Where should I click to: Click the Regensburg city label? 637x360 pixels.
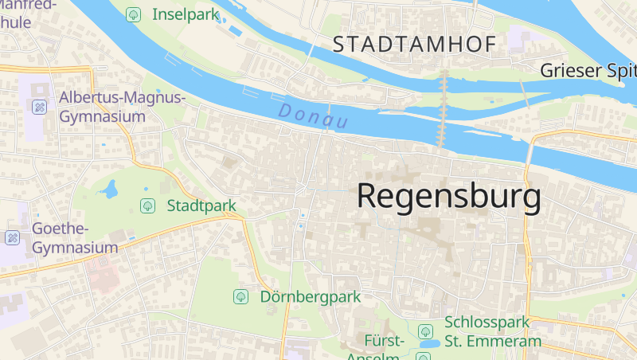coord(449,195)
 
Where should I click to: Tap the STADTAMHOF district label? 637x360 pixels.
coord(414,45)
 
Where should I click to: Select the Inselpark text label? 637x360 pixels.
coord(185,14)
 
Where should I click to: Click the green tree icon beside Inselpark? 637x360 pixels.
coord(134,14)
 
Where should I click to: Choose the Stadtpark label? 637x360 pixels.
coord(201,205)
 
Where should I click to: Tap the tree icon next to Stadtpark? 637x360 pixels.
coord(147,205)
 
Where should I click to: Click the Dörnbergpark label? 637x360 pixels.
coord(311,296)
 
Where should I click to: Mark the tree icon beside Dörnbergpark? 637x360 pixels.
coord(240,296)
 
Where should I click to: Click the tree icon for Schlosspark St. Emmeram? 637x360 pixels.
coord(426,331)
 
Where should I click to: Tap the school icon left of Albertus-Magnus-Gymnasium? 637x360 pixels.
coord(38,106)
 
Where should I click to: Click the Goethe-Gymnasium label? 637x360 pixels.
coord(73,238)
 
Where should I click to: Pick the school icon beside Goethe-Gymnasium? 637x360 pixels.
coord(12,237)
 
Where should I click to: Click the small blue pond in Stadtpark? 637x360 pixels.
coord(108,190)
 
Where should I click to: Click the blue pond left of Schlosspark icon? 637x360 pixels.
coord(428,345)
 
